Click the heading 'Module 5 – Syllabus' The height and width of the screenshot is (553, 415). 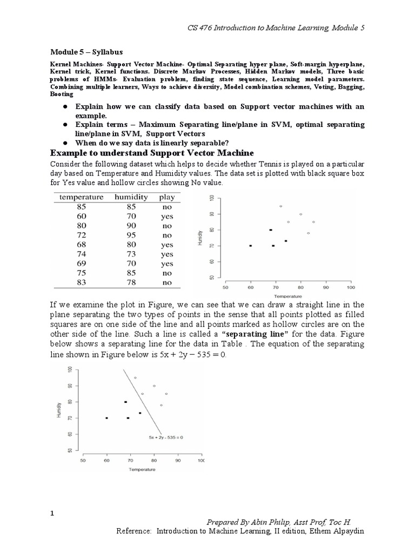[86, 52]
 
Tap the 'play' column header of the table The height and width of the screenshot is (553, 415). [167, 197]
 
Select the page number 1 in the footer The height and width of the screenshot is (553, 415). [52, 514]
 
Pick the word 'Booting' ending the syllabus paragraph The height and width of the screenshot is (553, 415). [62, 93]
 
